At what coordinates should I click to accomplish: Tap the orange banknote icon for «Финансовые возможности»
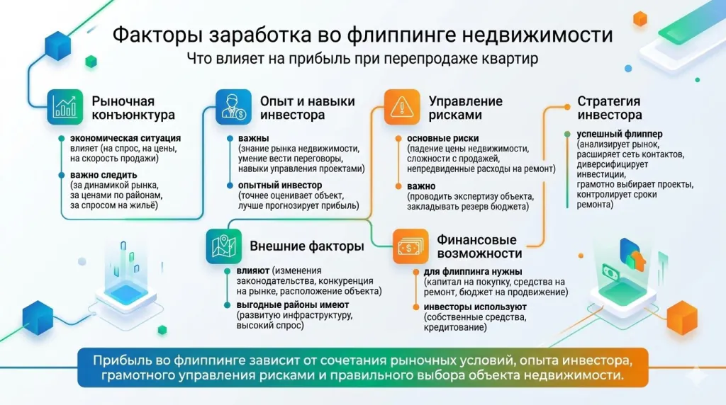[410, 246]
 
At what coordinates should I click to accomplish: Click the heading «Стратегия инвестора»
[609, 108]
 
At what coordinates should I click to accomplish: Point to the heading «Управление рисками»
[465, 108]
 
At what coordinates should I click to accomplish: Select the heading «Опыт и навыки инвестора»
[307, 108]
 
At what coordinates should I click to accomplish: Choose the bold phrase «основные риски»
[442, 138]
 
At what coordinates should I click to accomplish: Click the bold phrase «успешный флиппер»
[610, 132]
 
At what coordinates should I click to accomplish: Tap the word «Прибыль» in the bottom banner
[118, 360]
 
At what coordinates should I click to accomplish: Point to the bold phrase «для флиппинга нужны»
[473, 272]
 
